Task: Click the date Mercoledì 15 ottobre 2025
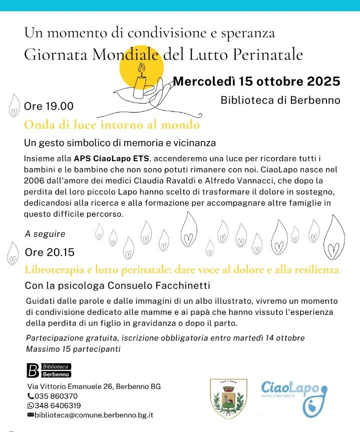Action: [x=256, y=81]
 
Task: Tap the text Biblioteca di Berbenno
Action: [x=280, y=100]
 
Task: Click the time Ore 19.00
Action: [x=49, y=107]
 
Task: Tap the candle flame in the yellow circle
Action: [x=141, y=68]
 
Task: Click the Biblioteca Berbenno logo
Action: [x=49, y=370]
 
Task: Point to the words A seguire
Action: [x=45, y=234]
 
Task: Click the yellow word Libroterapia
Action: [x=52, y=270]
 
